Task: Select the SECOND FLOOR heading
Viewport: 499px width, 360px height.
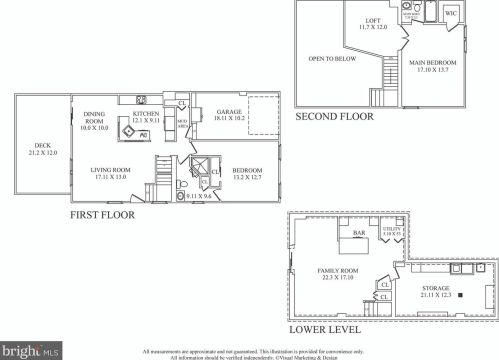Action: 334,117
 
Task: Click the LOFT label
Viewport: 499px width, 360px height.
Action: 373,20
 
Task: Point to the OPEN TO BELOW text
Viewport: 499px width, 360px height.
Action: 332,58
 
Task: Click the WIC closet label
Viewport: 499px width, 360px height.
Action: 451,13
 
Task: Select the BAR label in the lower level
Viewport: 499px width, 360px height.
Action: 357,234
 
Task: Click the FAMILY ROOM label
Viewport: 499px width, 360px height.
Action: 338,274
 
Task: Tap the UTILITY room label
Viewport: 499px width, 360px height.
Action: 392,231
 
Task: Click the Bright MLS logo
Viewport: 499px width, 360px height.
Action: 31,351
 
